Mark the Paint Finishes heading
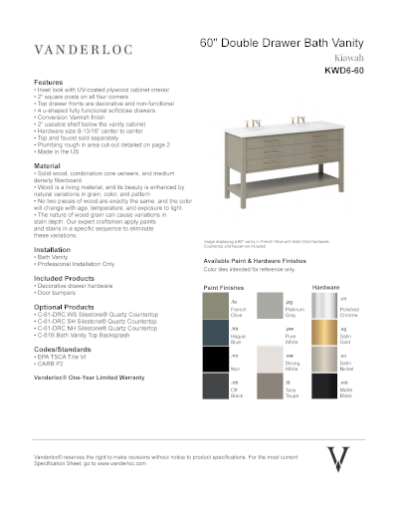point(225,286)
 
